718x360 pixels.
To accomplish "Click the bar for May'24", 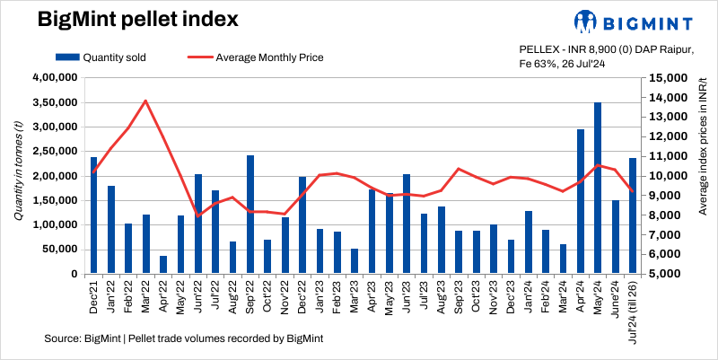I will (598, 188).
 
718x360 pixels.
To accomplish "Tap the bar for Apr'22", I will (163, 264).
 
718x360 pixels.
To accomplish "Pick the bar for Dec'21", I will (93, 215).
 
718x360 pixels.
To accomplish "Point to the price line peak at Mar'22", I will (145, 101).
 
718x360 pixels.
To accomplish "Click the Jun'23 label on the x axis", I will (407, 295).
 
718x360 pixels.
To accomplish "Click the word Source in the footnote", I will (60, 338).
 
